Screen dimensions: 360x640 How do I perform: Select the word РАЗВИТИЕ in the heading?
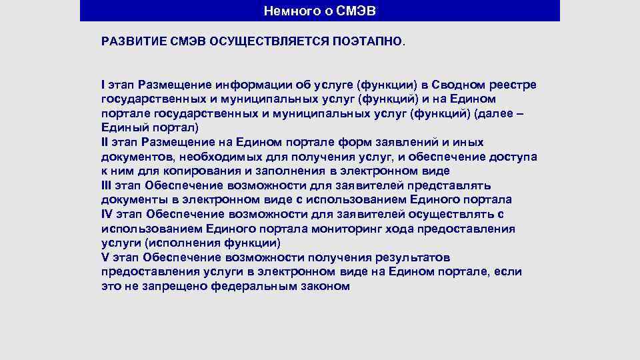(x=130, y=41)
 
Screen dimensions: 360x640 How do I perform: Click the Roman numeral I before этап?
(x=103, y=85)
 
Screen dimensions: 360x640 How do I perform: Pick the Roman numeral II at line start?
(x=105, y=142)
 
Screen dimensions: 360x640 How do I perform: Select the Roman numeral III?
(x=106, y=185)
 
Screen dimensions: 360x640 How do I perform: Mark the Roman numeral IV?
(x=107, y=214)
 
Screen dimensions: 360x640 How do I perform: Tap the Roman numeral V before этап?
(x=104, y=257)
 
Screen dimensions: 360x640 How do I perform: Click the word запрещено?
(x=175, y=286)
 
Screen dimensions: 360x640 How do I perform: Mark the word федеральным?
(x=253, y=286)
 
